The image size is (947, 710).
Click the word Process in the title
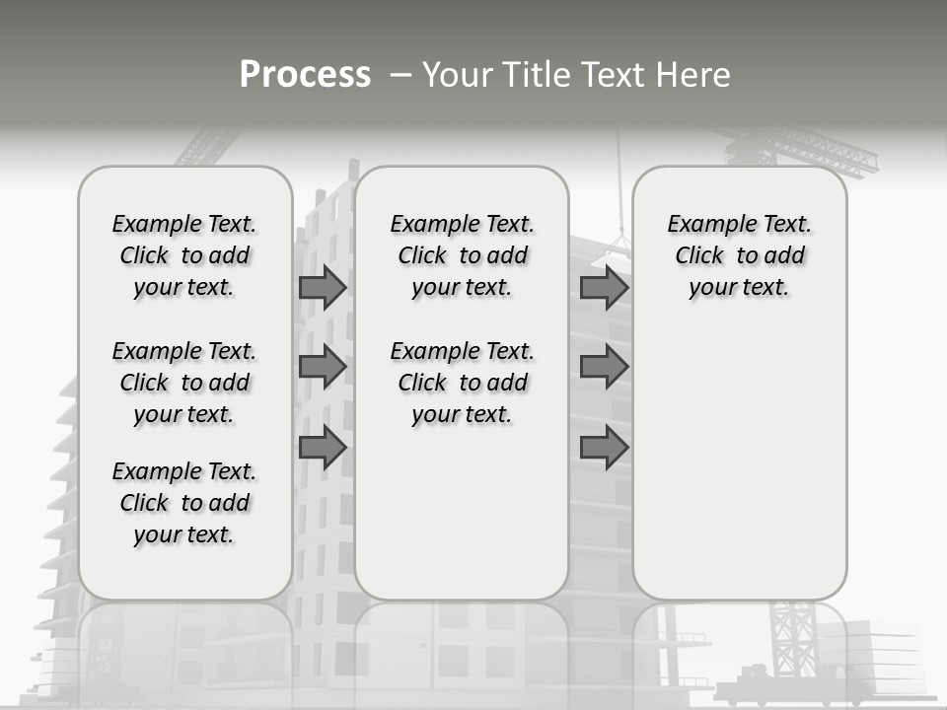[305, 75]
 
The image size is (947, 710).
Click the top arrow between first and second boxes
[322, 287]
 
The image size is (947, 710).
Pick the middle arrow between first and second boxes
[322, 367]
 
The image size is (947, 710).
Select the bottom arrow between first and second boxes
[322, 448]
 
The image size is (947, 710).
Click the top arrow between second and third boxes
[604, 287]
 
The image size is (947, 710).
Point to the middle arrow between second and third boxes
[604, 367]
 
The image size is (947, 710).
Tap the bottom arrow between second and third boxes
[604, 448]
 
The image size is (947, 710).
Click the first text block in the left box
[184, 255]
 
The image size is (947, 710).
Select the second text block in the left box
[184, 383]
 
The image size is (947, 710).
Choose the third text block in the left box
[184, 503]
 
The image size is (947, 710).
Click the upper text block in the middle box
[462, 255]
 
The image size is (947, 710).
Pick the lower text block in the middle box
[462, 383]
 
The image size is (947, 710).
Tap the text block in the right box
[739, 255]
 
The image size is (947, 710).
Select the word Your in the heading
[460, 75]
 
